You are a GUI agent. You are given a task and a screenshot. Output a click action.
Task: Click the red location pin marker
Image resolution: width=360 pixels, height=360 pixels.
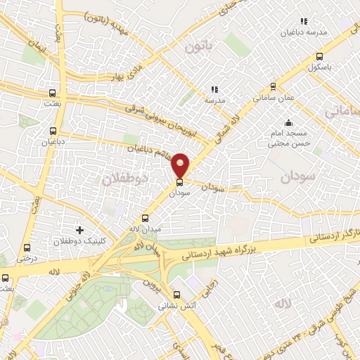[181, 165]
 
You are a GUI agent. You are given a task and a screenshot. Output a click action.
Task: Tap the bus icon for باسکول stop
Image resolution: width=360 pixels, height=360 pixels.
[320, 57]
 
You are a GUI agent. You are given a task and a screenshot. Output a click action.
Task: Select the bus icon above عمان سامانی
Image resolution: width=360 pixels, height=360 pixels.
[273, 87]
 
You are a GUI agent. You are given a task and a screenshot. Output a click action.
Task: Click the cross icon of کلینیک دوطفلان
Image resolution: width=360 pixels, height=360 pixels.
[79, 230]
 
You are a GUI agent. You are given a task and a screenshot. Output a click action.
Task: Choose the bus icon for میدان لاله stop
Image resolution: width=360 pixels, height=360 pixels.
[146, 218]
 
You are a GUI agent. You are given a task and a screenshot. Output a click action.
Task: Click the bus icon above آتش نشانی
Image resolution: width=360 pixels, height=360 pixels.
[176, 295]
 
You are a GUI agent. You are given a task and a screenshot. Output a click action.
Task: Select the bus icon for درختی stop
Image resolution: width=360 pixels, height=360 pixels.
[27, 247]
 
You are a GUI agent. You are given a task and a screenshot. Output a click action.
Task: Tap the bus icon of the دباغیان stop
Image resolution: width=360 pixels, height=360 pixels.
[53, 130]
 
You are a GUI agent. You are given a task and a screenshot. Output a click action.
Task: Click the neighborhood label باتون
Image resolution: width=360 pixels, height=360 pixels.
[198, 49]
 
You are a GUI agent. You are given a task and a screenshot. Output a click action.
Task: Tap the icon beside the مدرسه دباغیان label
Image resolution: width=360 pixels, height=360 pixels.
[304, 22]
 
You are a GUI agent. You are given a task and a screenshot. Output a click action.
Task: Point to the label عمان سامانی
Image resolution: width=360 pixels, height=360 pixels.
[274, 99]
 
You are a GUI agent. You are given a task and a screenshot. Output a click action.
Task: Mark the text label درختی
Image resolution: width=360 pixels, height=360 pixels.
[26, 258]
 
